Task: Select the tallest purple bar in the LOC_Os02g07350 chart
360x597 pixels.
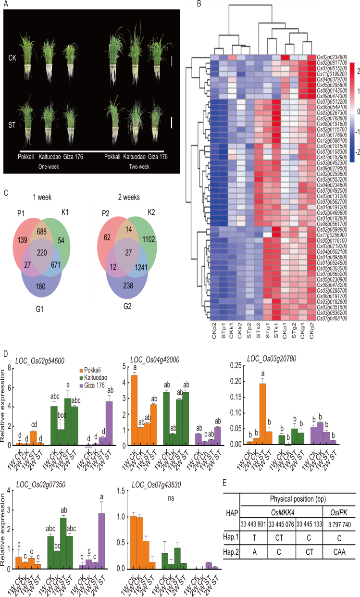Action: tap(101, 541)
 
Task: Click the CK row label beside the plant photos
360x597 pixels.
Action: tap(12, 58)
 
